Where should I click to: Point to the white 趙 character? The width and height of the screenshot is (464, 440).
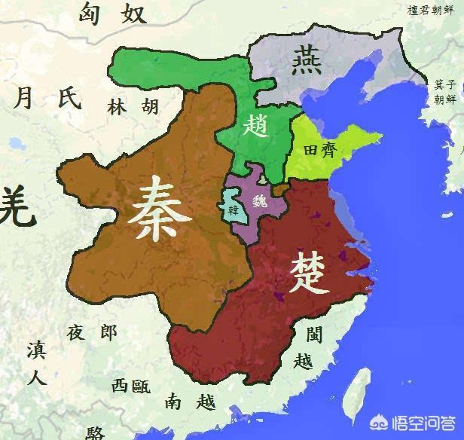tap(255, 124)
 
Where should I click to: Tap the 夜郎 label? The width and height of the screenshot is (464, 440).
tap(92, 332)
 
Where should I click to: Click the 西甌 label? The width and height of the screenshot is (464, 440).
tap(131, 387)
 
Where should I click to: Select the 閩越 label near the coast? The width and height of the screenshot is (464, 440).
tap(308, 347)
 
